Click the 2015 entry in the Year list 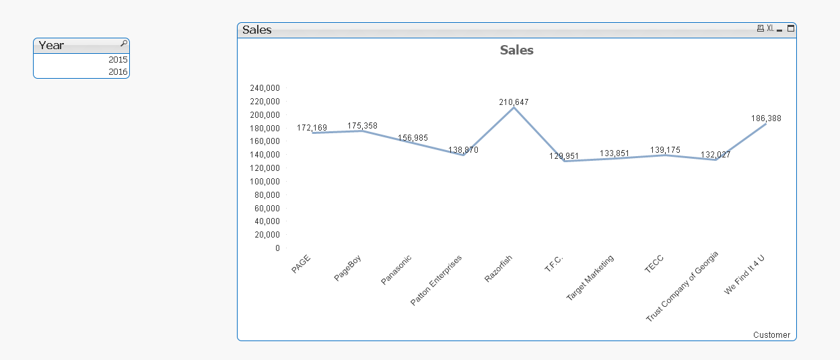click(x=117, y=59)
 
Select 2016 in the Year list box click(x=117, y=71)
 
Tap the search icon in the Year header click(x=123, y=44)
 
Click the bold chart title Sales click(x=516, y=50)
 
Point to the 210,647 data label click(x=514, y=102)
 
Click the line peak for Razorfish click(x=514, y=108)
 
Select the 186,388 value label click(x=766, y=118)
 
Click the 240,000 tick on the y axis click(x=265, y=87)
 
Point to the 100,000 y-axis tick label click(x=265, y=181)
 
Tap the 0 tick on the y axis click(x=277, y=248)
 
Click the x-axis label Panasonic click(x=396, y=269)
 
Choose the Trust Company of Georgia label click(x=682, y=286)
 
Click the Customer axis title click(x=771, y=334)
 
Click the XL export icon click(x=770, y=28)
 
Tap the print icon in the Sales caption click(x=761, y=28)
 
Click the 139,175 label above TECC click(x=665, y=150)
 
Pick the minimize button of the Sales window click(x=780, y=29)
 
